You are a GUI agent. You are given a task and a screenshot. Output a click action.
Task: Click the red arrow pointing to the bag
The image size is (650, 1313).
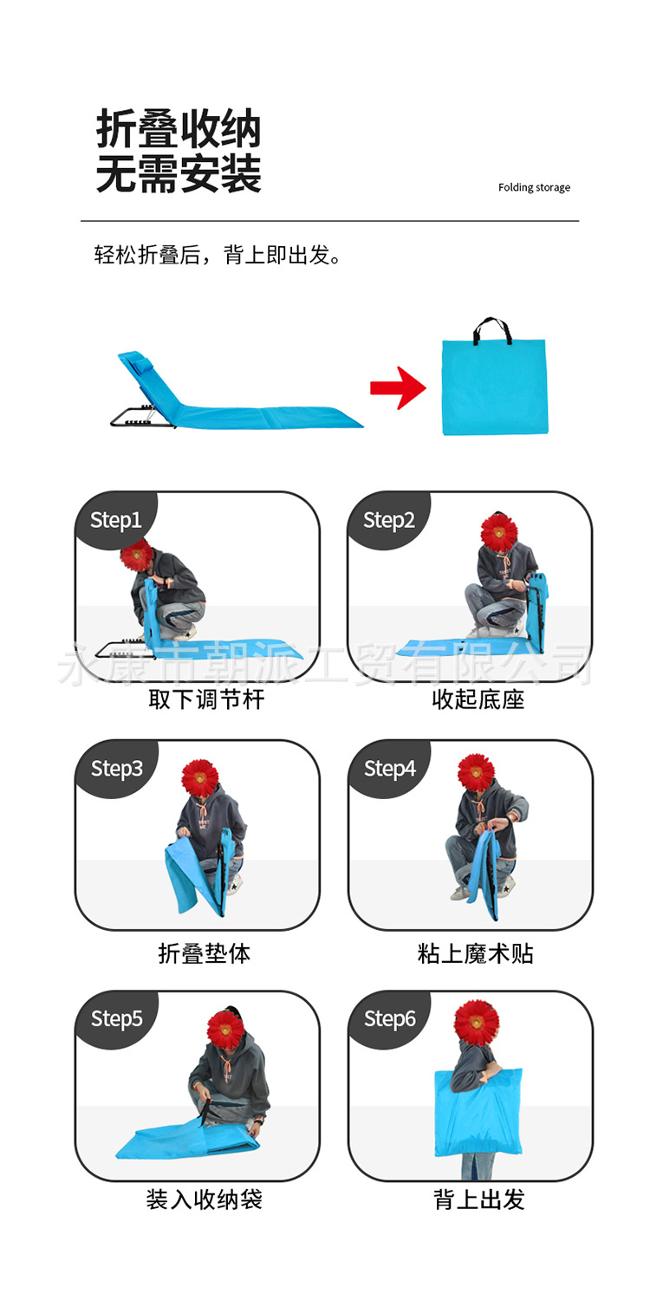pos(398,387)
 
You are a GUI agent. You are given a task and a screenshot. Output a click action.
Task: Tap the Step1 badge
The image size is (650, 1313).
pos(115,520)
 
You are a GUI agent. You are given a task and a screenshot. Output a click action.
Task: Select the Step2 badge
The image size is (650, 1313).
pos(388,520)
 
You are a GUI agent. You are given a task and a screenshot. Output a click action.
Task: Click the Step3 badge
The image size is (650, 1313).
pos(116,769)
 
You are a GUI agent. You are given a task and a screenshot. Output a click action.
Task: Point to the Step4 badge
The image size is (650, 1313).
pos(389,769)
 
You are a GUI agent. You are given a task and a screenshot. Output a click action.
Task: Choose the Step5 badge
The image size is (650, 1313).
pos(116,1018)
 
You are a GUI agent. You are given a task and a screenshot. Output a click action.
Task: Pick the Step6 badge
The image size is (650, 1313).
pos(389,1018)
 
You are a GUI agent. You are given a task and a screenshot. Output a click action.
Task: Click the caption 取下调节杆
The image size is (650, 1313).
pos(205,699)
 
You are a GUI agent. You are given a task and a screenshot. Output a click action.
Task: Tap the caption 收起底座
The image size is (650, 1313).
pos(478,699)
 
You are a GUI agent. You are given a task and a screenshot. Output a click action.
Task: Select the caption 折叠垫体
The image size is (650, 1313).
pos(205,953)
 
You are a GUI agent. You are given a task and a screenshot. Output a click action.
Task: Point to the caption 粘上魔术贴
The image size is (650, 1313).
pos(476,953)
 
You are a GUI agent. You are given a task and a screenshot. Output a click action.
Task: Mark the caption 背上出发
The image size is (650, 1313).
pos(479,1199)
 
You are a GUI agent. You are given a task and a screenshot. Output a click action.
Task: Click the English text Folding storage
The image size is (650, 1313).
pos(534,187)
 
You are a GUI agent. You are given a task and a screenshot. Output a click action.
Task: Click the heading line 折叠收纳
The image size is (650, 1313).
pos(179,131)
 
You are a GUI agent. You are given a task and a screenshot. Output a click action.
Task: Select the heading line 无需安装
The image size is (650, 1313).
pos(179,174)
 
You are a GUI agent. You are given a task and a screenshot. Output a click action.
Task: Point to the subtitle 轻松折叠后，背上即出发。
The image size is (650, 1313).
pos(218,255)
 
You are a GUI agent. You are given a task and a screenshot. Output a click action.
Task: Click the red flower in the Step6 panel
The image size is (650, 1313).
pos(476,1022)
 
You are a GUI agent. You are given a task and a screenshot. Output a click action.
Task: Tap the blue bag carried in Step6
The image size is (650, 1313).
pos(478,1114)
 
